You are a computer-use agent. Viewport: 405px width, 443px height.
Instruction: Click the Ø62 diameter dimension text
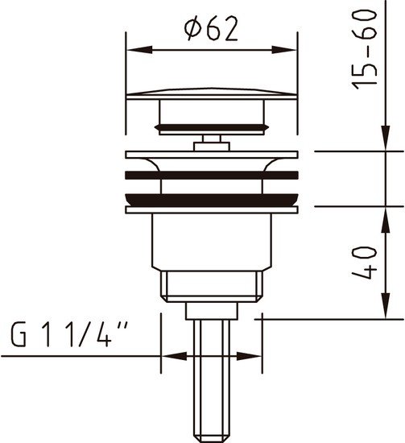211,28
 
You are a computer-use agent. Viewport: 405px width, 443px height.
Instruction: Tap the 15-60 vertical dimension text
364,49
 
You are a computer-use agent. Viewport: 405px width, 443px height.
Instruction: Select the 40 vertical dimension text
364,263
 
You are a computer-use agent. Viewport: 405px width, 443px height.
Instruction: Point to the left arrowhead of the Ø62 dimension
140,50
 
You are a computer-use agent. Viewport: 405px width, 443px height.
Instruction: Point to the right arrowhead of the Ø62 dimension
284,50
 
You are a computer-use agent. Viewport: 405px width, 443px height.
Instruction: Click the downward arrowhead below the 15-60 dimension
386,138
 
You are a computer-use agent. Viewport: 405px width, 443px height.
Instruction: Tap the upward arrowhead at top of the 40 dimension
386,220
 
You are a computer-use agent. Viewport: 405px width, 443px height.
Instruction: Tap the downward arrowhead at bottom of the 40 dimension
386,306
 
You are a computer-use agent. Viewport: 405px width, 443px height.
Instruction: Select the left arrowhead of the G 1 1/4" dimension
174,356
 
